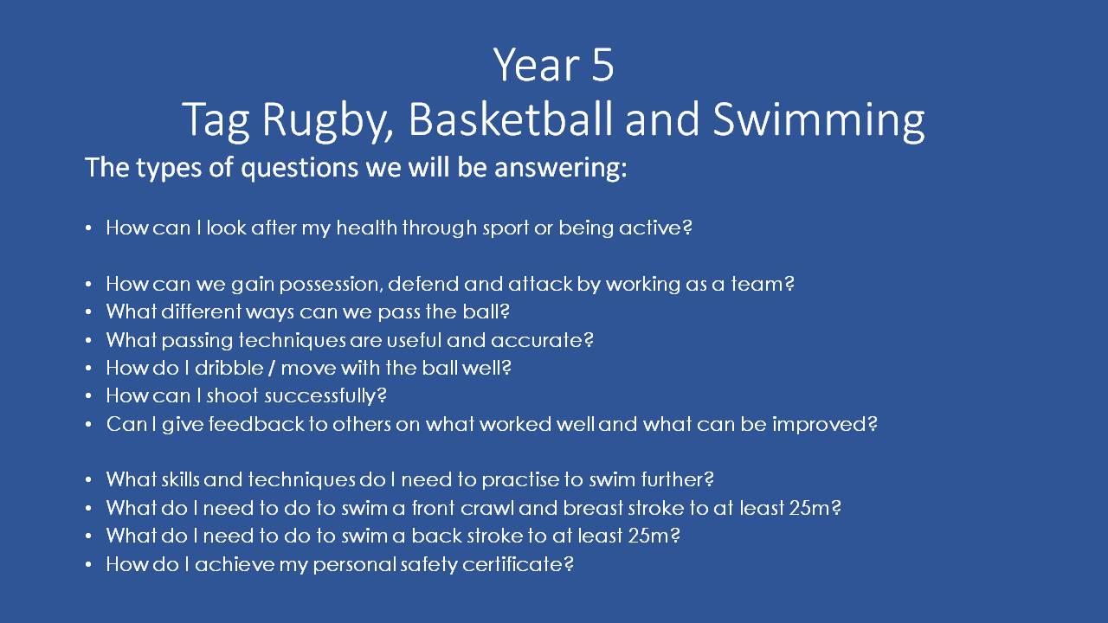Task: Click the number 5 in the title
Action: coord(602,65)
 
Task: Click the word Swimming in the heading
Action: coord(819,122)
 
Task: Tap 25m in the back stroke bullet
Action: coord(648,536)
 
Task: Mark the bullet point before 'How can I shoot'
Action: coord(88,396)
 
